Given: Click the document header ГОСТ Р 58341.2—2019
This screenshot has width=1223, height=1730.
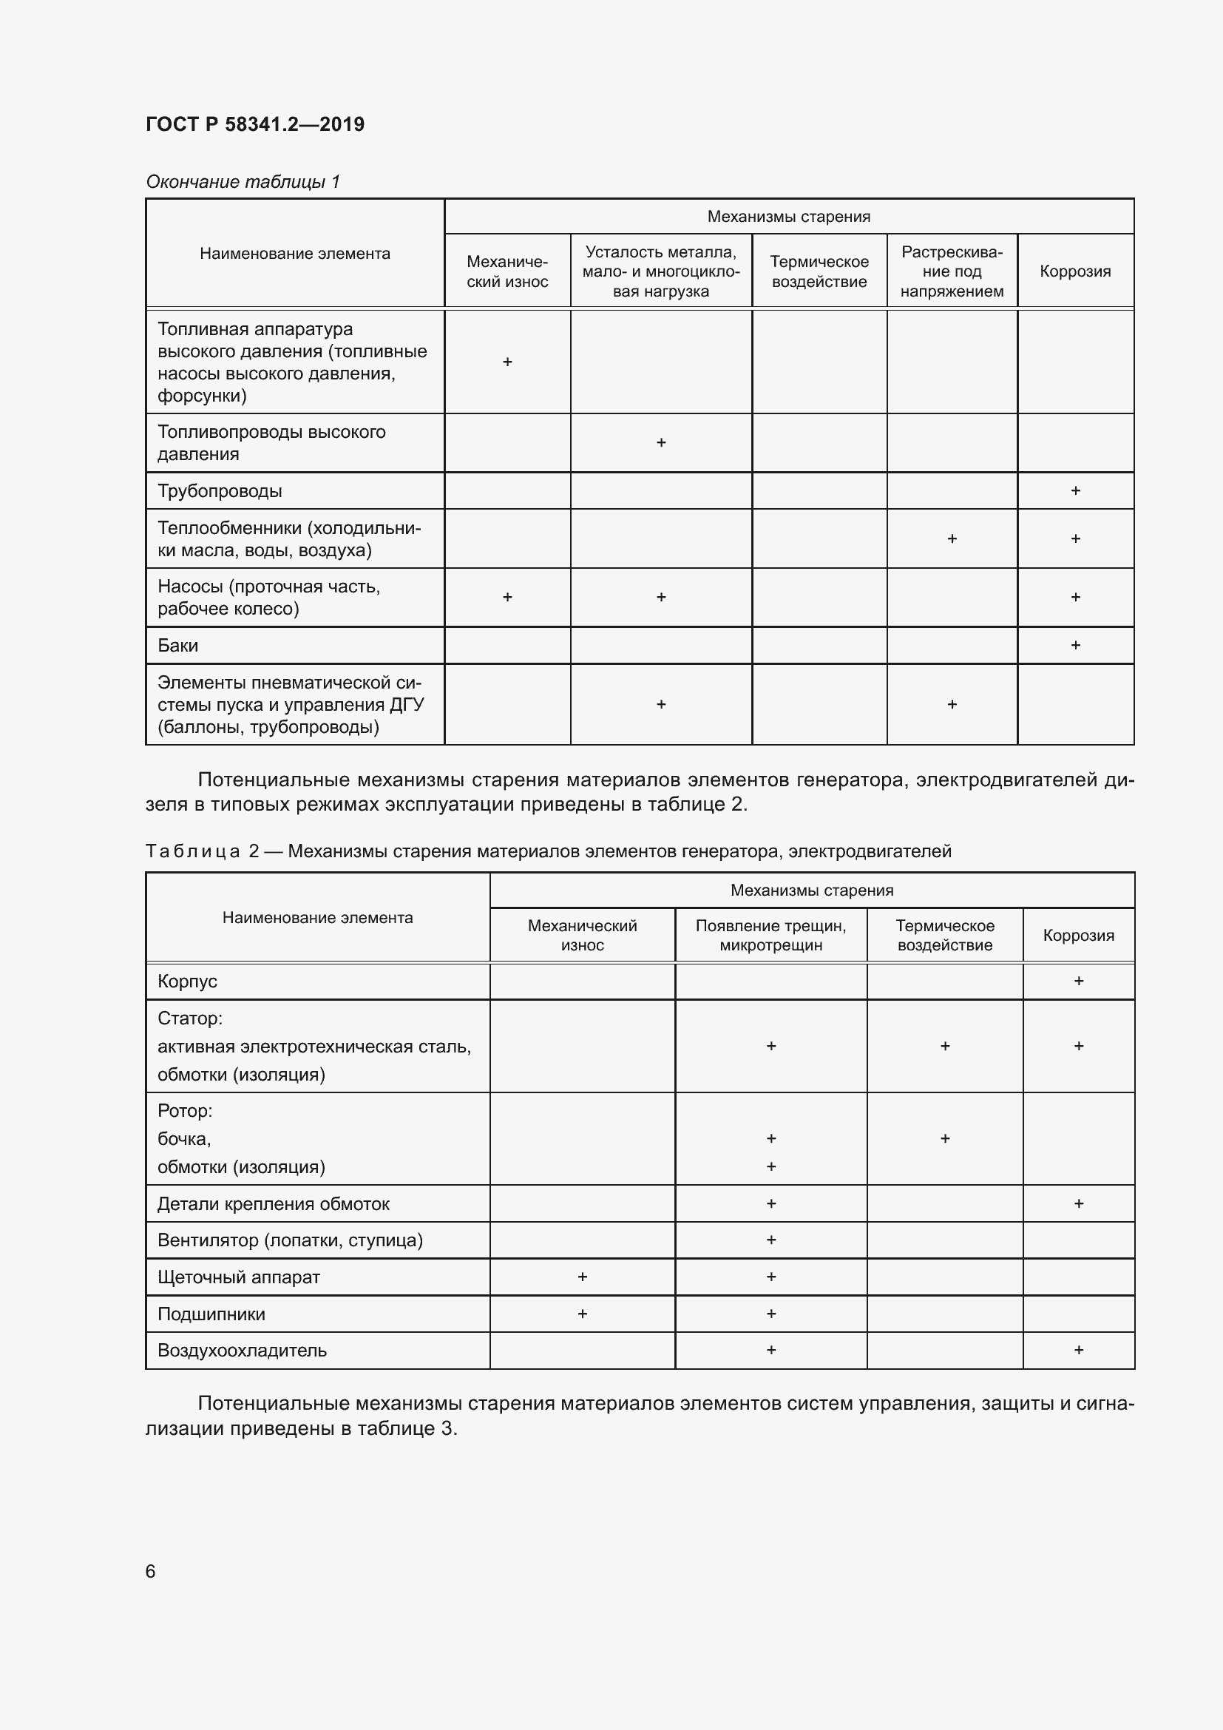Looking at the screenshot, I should (x=254, y=124).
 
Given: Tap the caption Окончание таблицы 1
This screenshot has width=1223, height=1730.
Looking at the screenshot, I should (x=243, y=182).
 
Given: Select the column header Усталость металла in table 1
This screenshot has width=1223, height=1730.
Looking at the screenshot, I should (x=660, y=271).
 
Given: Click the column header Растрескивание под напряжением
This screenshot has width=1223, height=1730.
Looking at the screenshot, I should (x=951, y=271).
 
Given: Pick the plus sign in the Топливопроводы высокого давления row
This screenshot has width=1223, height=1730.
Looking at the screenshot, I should (x=660, y=443).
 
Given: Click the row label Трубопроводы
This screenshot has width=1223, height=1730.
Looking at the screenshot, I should (x=220, y=491).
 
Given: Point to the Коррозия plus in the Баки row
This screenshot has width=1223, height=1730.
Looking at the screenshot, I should (x=1074, y=645).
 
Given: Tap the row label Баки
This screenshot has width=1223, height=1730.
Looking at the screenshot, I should (x=177, y=646).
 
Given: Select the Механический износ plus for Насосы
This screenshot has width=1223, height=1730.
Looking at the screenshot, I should (x=507, y=598).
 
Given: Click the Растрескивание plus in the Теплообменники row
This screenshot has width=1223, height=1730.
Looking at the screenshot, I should (x=951, y=538).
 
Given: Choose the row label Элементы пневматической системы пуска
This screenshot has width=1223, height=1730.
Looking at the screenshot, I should (x=291, y=705).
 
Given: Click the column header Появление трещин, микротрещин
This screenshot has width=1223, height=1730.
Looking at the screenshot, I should (x=770, y=935).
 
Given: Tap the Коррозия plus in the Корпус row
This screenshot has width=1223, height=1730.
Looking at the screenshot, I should (x=1077, y=981).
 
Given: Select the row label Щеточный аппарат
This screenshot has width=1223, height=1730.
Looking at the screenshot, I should (x=239, y=1277).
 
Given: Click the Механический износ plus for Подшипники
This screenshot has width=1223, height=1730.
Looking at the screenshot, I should (x=581, y=1314).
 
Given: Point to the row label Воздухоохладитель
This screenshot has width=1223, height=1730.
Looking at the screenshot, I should (x=242, y=1351).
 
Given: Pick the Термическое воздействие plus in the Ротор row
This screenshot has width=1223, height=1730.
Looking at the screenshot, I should (x=944, y=1138).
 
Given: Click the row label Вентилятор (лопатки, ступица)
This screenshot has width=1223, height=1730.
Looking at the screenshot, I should (x=290, y=1240).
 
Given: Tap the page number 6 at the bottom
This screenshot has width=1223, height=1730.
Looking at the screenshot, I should (x=151, y=1571).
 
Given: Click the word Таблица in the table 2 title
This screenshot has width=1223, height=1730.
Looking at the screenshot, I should (x=192, y=851).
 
